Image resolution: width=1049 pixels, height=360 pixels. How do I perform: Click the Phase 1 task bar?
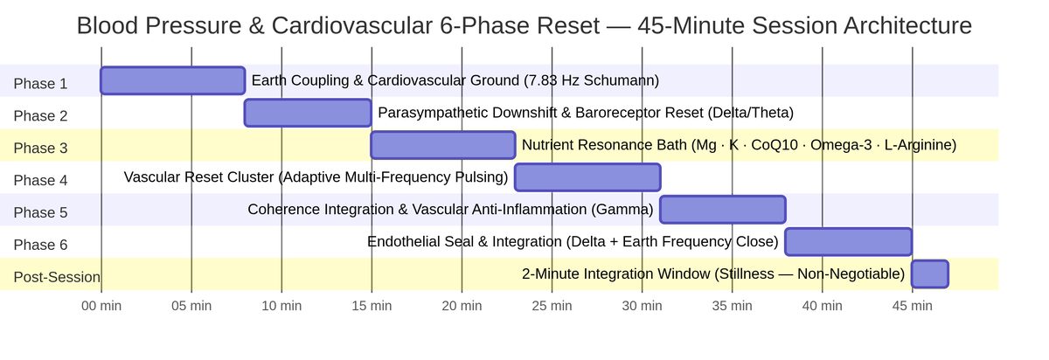pyautogui.click(x=172, y=80)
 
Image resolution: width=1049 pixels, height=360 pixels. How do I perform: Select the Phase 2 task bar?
pyautogui.click(x=308, y=113)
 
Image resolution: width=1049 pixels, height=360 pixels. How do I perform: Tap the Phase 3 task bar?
pyautogui.click(x=442, y=145)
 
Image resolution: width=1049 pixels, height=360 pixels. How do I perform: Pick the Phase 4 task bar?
pyautogui.click(x=587, y=177)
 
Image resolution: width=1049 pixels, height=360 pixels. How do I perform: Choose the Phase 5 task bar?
pyautogui.click(x=722, y=210)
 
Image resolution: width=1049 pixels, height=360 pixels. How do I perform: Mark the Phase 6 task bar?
pyautogui.click(x=848, y=242)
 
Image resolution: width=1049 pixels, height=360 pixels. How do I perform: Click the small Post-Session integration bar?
pyautogui.click(x=929, y=274)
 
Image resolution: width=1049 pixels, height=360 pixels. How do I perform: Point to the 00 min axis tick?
pyautogui.click(x=101, y=306)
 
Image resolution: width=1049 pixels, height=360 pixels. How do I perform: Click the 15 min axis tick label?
pyautogui.click(x=372, y=306)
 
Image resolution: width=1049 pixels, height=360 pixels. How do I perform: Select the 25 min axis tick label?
pyautogui.click(x=552, y=306)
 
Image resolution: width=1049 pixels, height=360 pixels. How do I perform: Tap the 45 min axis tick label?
pyautogui.click(x=912, y=306)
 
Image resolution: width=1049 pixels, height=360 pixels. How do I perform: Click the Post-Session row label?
pyautogui.click(x=57, y=278)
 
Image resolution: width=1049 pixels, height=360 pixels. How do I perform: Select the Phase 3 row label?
pyautogui.click(x=40, y=149)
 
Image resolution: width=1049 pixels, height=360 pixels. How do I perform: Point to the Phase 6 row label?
pyautogui.click(x=40, y=246)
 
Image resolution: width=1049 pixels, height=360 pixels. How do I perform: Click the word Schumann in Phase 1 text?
pyautogui.click(x=620, y=81)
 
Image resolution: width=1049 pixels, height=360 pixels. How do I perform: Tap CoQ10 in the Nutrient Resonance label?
pyautogui.click(x=788, y=145)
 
